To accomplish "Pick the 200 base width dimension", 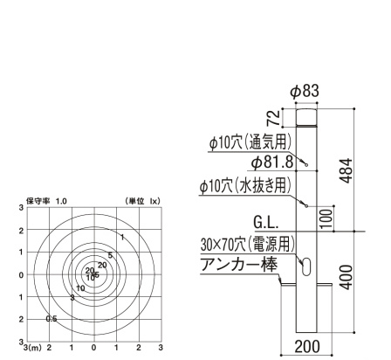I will point(308,346).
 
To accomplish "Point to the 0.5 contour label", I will point(51,319).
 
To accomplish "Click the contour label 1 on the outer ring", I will point(123,237).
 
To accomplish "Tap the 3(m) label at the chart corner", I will point(32,347).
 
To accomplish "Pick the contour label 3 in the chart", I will point(72,298).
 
